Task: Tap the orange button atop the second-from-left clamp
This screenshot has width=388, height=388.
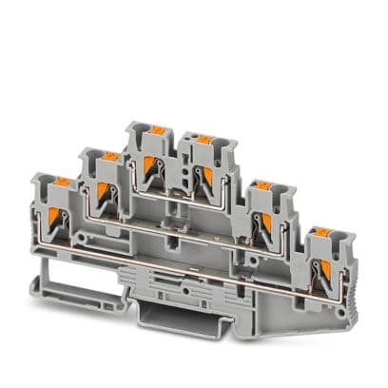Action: pyautogui.click(x=110, y=155)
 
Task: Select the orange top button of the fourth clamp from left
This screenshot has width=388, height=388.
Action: pyautogui.click(x=204, y=139)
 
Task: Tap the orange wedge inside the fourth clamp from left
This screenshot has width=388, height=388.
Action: pyautogui.click(x=202, y=173)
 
